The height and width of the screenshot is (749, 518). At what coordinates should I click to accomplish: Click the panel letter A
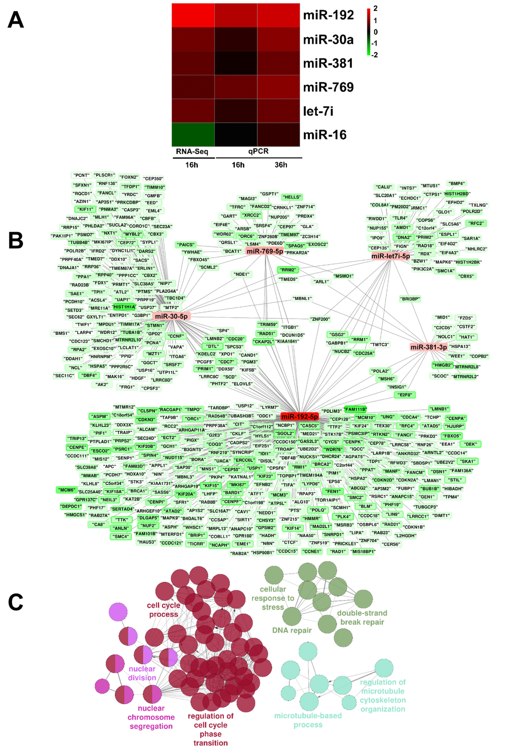[16, 20]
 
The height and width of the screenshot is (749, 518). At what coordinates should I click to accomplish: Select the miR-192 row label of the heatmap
[328, 15]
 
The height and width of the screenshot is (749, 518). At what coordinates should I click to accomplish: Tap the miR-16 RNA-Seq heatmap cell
[193, 135]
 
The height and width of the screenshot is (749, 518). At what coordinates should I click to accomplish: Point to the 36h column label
[281, 165]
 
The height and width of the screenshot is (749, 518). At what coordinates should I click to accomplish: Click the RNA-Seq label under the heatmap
[192, 151]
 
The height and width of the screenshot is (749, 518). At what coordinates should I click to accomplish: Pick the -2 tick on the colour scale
[374, 55]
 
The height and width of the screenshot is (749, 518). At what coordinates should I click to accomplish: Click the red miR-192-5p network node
[300, 417]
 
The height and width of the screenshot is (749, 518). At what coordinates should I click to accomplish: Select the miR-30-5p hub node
[171, 316]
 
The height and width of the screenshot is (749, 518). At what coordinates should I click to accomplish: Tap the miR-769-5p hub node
[265, 252]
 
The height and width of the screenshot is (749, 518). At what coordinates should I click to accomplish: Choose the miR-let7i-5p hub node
[391, 256]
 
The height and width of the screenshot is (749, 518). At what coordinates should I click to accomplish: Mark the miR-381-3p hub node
[429, 347]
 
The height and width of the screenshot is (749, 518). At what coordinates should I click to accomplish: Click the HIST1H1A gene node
[124, 307]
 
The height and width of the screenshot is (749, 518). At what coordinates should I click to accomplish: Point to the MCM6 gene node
[67, 490]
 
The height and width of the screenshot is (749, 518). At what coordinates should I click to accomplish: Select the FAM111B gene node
[355, 409]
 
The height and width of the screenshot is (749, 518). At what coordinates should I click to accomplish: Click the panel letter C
[16, 602]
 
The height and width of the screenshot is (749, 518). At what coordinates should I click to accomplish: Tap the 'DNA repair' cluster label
[292, 630]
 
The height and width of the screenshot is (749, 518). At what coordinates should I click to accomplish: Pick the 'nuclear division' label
[142, 673]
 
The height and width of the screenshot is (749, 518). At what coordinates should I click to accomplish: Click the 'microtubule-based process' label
[308, 720]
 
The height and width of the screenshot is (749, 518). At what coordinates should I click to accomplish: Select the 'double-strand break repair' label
[362, 617]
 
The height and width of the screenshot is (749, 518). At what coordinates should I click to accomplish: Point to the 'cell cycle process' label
[164, 610]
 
